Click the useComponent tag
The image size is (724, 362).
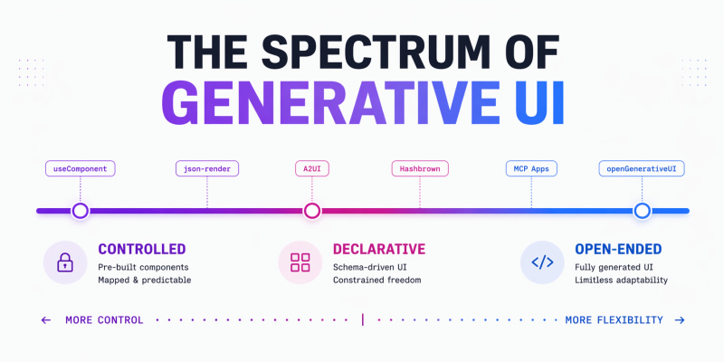click(81, 168)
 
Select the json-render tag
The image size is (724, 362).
click(207, 168)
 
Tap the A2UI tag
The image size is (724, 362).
click(311, 168)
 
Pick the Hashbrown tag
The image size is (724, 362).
click(420, 168)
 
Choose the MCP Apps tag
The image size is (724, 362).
click(531, 168)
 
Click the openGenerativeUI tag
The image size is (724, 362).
click(642, 168)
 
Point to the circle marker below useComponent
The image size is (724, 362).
click(81, 211)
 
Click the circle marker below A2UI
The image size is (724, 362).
click(311, 211)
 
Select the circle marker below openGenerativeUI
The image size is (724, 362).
click(642, 211)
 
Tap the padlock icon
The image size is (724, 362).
click(65, 262)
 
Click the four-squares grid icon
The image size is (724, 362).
click(300, 262)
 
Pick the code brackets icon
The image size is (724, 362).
click(542, 262)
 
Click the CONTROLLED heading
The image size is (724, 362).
click(142, 250)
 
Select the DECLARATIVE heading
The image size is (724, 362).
click(379, 250)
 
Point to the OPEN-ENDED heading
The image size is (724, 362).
click(618, 250)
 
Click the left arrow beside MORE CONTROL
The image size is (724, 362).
click(46, 320)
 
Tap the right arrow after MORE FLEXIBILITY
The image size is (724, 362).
click(680, 320)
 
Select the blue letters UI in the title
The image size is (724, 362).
click(539, 102)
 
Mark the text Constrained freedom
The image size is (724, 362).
click(376, 281)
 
